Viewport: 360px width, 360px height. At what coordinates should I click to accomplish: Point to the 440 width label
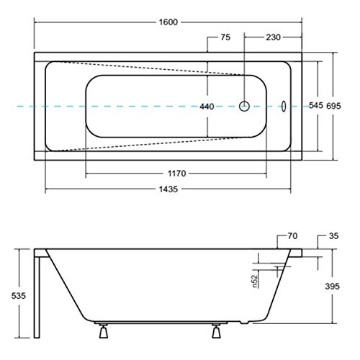click(x=207, y=107)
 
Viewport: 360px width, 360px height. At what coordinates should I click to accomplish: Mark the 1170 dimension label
click(x=178, y=173)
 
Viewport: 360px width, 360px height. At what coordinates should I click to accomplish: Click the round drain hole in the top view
click(x=245, y=106)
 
